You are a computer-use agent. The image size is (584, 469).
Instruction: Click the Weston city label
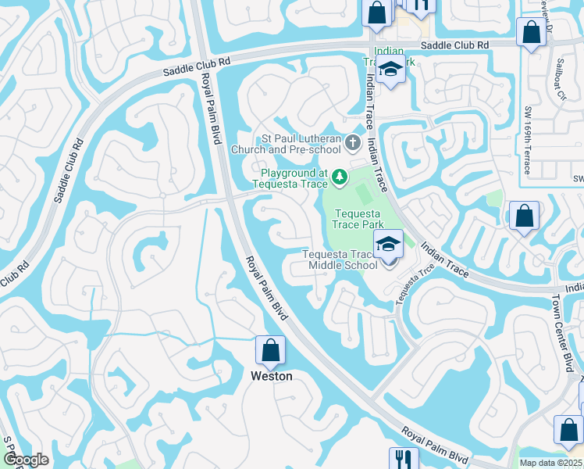pos(271,376)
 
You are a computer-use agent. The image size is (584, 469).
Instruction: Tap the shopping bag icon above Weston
pos(270,351)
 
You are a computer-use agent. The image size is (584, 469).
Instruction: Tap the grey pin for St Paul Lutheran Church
pos(353,143)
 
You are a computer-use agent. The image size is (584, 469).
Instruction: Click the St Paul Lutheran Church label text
pos(301,144)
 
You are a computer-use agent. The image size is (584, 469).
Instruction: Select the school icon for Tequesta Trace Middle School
pos(388,244)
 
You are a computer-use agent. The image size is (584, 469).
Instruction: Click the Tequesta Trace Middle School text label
pos(340,259)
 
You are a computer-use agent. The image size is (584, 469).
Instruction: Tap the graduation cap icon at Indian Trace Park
pos(389,70)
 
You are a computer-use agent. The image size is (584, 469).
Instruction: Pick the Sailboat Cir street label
pos(561,84)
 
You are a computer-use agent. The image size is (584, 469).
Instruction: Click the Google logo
pos(26,460)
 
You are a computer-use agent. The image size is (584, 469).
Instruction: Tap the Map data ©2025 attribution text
pos(550,463)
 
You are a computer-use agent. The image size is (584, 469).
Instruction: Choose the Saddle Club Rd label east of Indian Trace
pos(455,46)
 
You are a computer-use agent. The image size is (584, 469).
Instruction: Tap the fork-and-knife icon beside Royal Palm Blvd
pos(404,459)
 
